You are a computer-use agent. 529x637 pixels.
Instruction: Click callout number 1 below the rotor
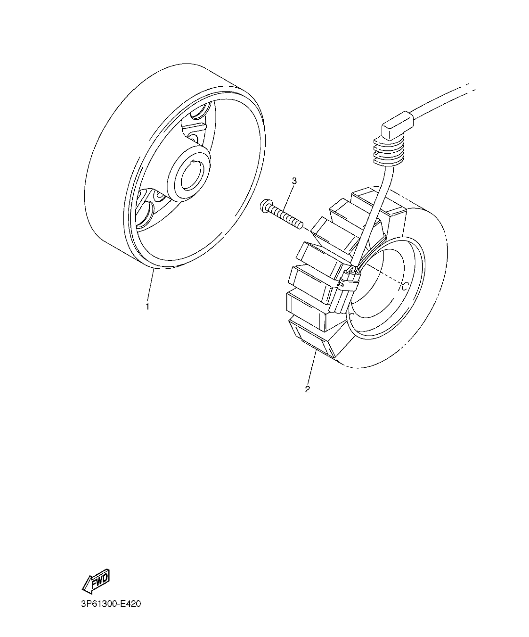(x=147, y=306)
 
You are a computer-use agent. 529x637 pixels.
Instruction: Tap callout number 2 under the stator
(x=307, y=389)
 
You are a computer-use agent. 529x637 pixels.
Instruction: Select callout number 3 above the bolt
(x=294, y=181)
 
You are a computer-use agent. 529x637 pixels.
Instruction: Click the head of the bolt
(x=265, y=206)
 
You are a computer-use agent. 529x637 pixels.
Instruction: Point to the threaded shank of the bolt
(x=286, y=217)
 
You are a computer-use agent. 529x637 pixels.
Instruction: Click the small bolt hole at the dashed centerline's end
(x=404, y=286)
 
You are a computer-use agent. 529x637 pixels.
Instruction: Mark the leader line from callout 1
(x=151, y=287)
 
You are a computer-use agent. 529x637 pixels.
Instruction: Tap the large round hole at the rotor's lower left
(x=145, y=212)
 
